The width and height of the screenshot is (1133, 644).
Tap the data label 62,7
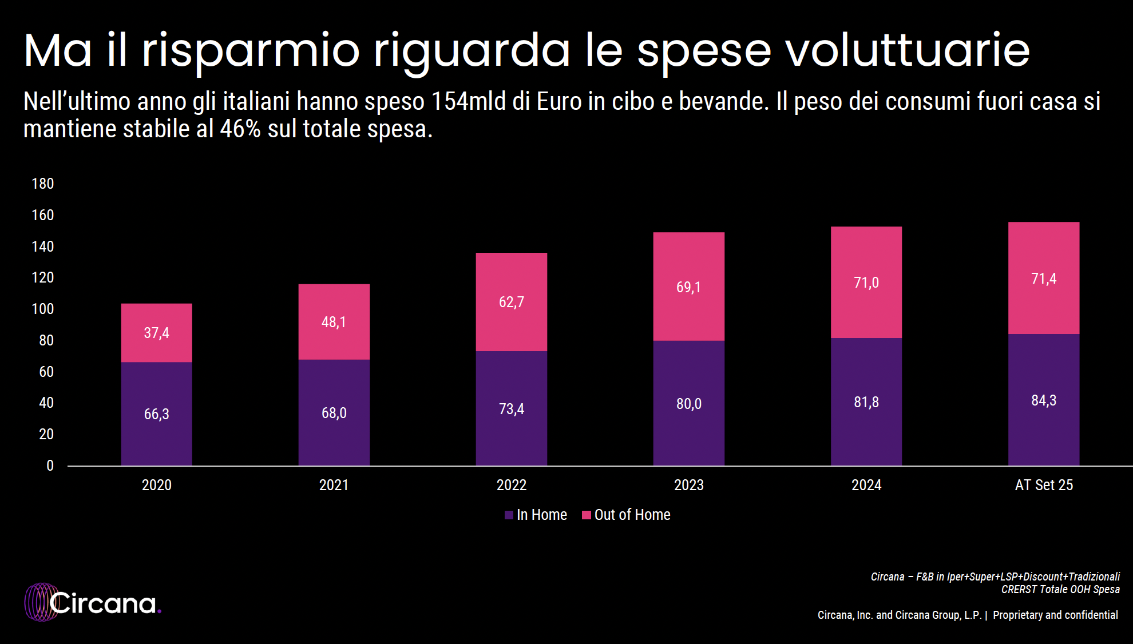(x=511, y=302)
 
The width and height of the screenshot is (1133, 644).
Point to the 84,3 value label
(x=1044, y=400)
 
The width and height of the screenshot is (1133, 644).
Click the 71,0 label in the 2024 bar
(x=866, y=283)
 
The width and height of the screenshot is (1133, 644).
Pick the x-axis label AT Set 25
(x=1044, y=485)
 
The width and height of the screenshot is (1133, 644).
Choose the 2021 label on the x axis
(x=334, y=485)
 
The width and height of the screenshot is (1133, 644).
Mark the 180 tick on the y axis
(x=42, y=184)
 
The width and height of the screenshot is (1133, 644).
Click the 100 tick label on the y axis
(x=42, y=309)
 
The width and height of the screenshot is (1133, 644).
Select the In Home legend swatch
(x=509, y=515)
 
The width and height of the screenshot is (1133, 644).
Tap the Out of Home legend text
(x=632, y=515)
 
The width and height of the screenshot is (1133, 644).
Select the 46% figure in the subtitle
(x=240, y=129)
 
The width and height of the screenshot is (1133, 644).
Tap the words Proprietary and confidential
(x=1055, y=615)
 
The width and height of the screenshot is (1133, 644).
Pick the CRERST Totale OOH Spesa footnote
(x=1060, y=589)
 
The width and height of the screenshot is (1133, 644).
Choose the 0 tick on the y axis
(x=50, y=466)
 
